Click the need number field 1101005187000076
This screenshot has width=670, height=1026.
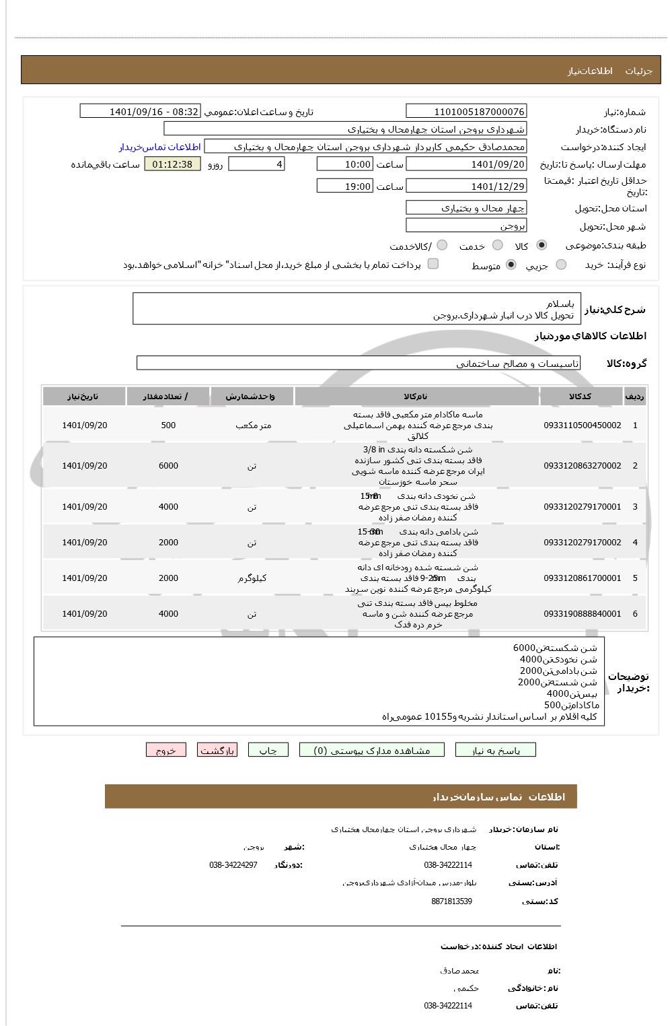tap(466, 111)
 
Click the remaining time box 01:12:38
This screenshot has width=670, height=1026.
tap(172, 164)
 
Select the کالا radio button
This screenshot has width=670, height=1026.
tap(542, 246)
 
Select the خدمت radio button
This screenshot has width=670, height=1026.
tap(497, 246)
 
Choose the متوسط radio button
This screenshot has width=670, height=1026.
tap(511, 265)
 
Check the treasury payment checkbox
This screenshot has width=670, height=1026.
tap(433, 264)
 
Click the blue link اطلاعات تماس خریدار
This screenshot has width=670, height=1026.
tap(160, 147)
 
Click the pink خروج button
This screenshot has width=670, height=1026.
tap(165, 750)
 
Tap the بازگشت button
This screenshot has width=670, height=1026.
tap(217, 750)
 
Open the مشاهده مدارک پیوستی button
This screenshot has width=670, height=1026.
tap(372, 750)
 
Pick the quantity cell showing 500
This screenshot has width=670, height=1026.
tap(168, 425)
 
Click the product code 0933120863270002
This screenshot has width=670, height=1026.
tap(582, 466)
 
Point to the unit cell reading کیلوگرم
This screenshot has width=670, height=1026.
tap(252, 578)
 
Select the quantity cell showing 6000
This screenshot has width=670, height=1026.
tap(168, 466)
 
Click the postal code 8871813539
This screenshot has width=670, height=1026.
tap(451, 901)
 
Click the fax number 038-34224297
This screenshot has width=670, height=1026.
tap(233, 865)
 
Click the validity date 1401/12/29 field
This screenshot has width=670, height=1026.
tap(466, 186)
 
